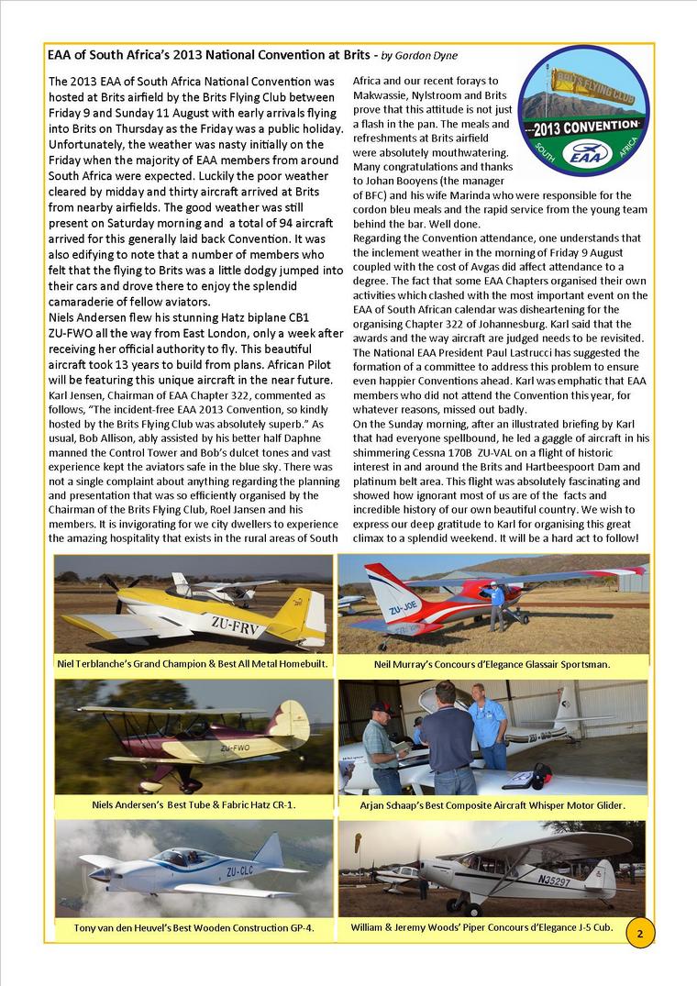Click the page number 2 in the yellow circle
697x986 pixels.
639,933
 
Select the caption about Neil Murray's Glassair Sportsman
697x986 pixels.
492,663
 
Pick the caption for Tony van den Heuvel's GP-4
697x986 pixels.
194,927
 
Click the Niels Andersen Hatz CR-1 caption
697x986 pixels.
194,804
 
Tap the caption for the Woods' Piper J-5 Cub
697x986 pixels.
481,927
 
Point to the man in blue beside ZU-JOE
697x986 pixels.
496,604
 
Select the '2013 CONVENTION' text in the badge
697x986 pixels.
583,124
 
